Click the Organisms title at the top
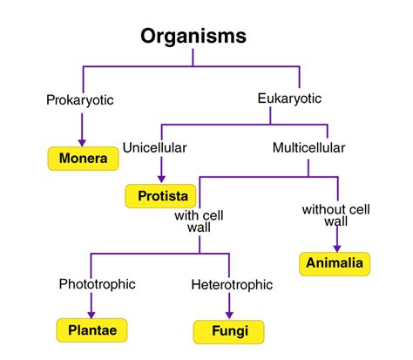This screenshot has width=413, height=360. (193, 37)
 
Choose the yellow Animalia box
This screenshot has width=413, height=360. (335, 263)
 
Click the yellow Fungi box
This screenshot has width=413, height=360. (229, 331)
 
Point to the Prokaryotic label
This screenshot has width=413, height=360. (80, 100)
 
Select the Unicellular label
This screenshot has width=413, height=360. (154, 148)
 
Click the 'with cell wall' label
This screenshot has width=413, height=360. (200, 221)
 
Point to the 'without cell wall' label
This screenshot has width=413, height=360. (335, 215)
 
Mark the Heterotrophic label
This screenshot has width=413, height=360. (231, 284)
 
